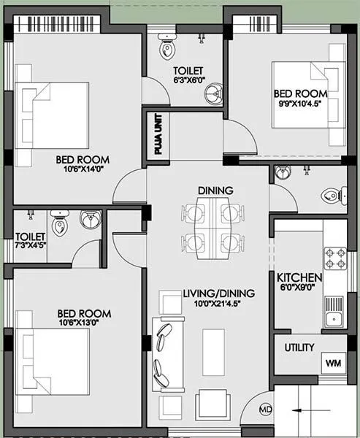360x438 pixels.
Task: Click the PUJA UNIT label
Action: click(158, 136)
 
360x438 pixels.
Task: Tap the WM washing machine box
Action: click(332, 362)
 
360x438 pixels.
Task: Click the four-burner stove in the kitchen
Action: click(335, 259)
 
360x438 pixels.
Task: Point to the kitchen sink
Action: click(334, 317)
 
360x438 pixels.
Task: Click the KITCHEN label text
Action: click(299, 278)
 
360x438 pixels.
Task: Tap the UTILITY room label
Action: click(299, 347)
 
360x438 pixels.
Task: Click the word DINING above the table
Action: click(215, 191)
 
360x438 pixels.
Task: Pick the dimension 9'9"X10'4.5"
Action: click(300, 105)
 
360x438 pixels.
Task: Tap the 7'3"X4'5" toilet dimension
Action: click(31, 246)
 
